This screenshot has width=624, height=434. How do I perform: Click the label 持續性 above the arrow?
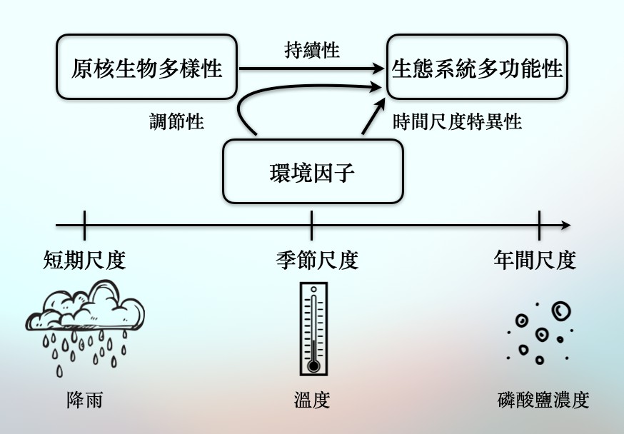tap(312, 51)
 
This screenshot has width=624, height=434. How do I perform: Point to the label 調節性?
tap(176, 121)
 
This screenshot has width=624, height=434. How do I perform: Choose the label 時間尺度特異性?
tap(457, 121)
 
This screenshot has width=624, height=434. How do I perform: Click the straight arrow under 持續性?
tap(311, 69)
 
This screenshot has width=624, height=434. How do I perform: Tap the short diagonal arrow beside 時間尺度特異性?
tap(373, 116)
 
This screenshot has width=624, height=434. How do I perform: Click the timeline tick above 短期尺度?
tap(84, 226)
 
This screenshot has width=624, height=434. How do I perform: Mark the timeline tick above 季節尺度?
tap(311, 226)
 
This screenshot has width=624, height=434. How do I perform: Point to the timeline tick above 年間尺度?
tap(539, 226)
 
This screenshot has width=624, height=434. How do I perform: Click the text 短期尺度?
tap(84, 260)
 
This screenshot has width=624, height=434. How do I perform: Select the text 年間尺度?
tap(535, 260)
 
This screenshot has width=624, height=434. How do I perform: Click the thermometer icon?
tap(313, 329)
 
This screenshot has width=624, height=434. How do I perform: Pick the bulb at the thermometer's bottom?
tap(313, 365)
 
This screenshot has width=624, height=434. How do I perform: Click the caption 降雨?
tap(85, 400)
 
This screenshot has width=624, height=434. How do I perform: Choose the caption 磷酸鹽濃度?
tap(543, 400)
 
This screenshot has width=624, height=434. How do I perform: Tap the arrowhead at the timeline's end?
tap(566, 225)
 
